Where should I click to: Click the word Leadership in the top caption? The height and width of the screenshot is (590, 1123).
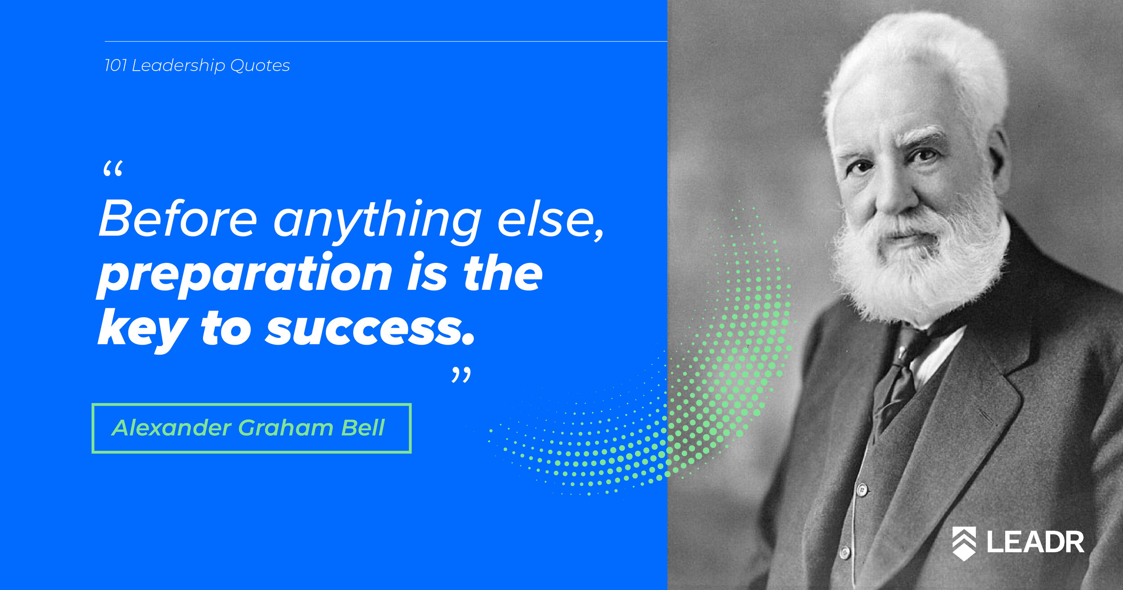point(178,66)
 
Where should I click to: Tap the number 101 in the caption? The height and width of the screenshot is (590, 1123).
point(115,66)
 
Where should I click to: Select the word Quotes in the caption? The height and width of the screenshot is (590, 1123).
point(260,66)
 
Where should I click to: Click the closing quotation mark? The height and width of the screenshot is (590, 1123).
point(461,375)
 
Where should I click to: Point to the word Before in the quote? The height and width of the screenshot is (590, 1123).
point(178,219)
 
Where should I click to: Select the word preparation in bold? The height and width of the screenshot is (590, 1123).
point(244,275)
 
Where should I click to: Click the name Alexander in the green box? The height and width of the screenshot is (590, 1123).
point(172,428)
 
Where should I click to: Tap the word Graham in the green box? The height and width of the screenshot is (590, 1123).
point(286,428)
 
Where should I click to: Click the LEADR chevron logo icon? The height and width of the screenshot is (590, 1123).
point(964,543)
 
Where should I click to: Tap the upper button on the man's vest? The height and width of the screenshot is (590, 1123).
point(862,489)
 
